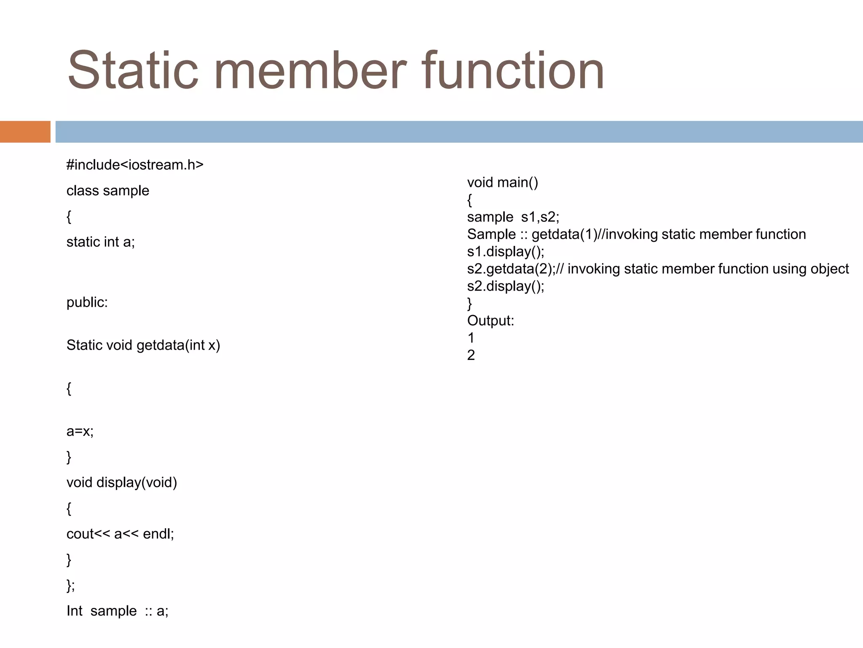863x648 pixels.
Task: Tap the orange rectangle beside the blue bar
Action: click(25, 132)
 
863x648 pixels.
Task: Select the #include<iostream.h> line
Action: click(135, 165)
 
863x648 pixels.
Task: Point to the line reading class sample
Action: click(108, 191)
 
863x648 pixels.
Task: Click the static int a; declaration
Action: click(101, 242)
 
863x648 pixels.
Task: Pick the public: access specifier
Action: click(87, 302)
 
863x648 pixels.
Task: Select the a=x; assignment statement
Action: click(80, 431)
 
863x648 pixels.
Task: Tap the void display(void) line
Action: click(122, 483)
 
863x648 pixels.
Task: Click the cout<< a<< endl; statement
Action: click(120, 534)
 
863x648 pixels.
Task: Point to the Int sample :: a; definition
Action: click(118, 611)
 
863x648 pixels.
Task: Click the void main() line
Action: click(502, 183)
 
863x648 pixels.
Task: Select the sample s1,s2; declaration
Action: click(513, 217)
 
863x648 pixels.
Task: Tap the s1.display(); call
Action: click(506, 252)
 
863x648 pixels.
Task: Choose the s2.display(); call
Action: click(506, 286)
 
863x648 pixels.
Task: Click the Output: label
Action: click(490, 321)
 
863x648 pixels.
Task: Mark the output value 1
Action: click(471, 338)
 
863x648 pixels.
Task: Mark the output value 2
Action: click(471, 355)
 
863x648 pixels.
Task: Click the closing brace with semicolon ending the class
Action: click(70, 586)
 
